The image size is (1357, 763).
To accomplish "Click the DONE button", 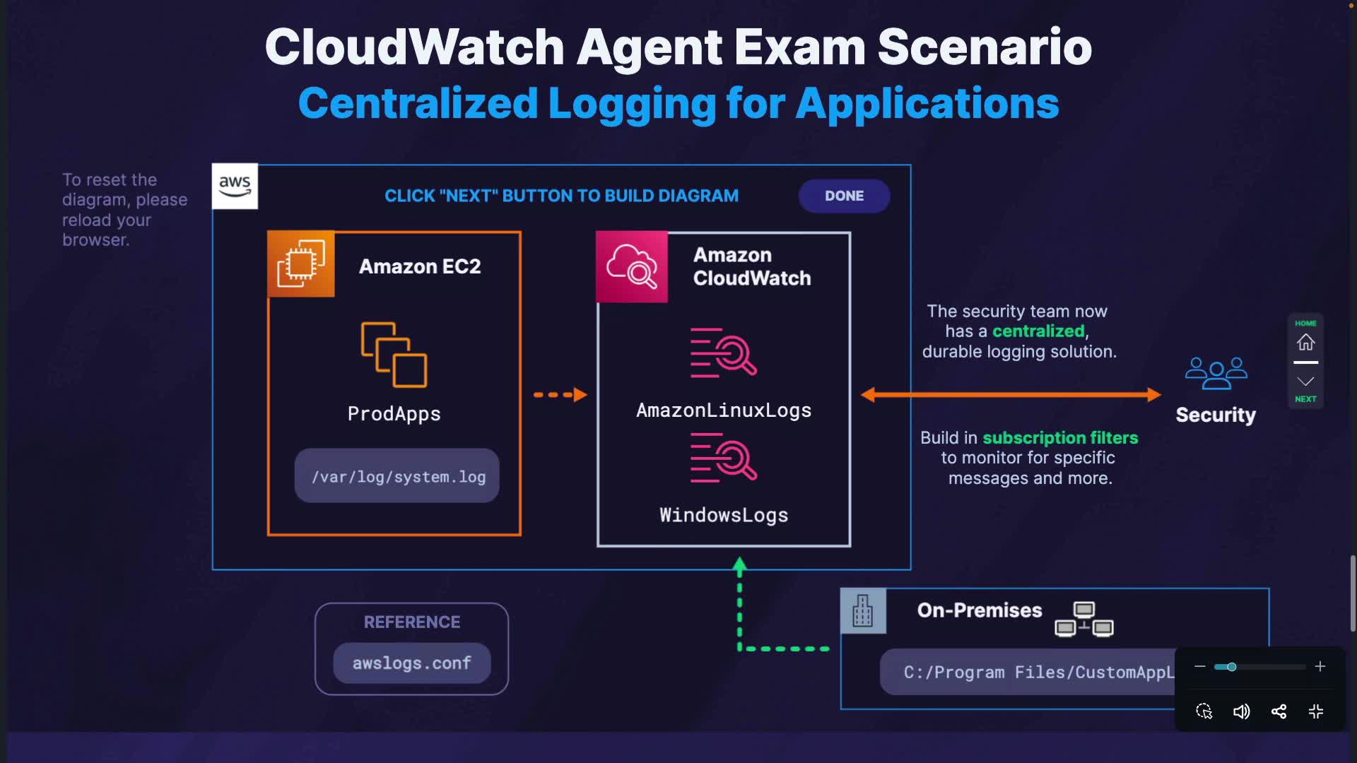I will (844, 196).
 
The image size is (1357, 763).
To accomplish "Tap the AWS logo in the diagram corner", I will (235, 186).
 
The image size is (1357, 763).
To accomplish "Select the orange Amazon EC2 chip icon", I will (301, 264).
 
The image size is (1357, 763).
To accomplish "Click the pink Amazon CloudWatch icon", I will (632, 266).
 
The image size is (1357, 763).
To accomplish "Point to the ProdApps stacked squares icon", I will (394, 355).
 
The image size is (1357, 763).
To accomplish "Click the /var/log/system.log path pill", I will (397, 476).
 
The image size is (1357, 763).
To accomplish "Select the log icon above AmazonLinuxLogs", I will (723, 353).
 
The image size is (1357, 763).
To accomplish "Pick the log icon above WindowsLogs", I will (723, 459).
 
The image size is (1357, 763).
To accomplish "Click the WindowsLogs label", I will (723, 515).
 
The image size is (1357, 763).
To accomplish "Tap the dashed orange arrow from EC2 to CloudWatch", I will (560, 394).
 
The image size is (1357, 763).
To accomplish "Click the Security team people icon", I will (1216, 372).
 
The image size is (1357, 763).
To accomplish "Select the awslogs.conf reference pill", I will (411, 663).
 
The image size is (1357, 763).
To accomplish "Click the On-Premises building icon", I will (862, 610).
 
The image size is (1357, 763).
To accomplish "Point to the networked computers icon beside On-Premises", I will (1084, 619).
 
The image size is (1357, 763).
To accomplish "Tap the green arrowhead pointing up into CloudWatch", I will (739, 564).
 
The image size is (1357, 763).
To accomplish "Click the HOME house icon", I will (1305, 342).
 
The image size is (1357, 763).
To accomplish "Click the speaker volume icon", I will (1241, 711).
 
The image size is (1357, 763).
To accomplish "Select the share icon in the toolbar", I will (1279, 711).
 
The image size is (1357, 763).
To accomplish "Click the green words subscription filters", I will (1060, 438).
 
